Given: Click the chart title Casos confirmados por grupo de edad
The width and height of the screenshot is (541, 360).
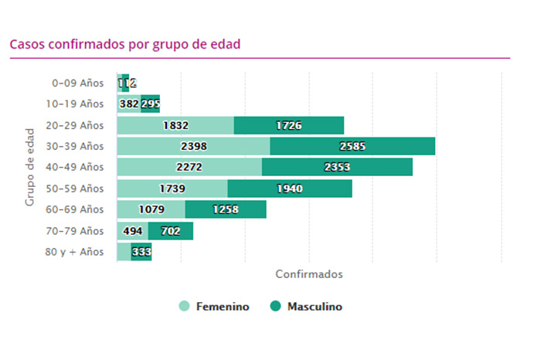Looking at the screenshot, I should point(125,44).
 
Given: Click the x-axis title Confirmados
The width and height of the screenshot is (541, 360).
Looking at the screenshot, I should point(308,274).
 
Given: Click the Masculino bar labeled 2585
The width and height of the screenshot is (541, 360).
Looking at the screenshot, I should point(352,146).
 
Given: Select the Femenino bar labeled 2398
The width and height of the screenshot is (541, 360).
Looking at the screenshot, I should point(193,146).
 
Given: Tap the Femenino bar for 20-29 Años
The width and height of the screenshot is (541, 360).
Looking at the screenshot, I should point(175,125).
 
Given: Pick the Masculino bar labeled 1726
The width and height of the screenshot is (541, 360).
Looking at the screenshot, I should point(288,125).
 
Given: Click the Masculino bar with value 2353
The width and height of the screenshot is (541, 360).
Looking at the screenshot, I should point(337,167).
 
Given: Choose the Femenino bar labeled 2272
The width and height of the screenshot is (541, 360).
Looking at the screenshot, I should point(189,167).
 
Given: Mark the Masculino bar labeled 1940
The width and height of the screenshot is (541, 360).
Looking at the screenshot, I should point(290,188).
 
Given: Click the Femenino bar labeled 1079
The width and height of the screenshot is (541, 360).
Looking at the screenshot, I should point(151,209).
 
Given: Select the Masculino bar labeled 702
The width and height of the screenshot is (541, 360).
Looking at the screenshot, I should point(171,230).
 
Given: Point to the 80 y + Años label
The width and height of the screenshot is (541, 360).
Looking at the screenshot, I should point(76,251).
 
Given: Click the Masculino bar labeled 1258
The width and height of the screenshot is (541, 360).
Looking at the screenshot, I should point(226,209).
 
